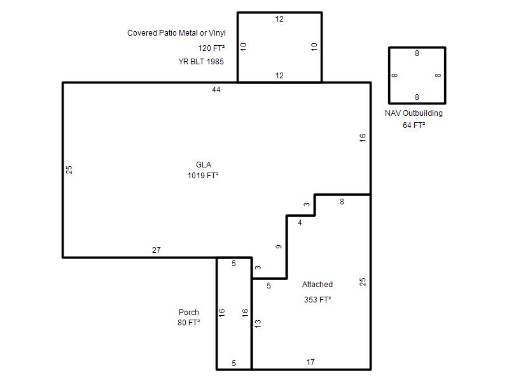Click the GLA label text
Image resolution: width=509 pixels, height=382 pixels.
[204, 165]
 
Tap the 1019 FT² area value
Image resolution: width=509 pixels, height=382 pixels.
[203, 176]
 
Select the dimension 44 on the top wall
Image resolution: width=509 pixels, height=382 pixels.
[216, 90]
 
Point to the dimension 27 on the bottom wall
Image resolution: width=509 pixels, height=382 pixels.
[156, 250]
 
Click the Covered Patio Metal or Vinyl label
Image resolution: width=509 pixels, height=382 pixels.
[176, 33]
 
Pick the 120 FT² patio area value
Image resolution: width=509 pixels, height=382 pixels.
[212, 48]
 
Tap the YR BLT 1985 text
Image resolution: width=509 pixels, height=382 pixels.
[201, 61]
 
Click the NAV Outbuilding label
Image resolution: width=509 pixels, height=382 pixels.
[414, 113]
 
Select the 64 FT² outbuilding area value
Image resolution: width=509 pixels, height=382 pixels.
[414, 125]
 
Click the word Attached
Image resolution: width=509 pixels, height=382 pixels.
[317, 285]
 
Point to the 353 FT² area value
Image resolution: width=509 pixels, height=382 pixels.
[317, 299]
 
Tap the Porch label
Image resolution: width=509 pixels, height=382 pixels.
[188, 313]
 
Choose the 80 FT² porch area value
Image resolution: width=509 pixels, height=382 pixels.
[188, 323]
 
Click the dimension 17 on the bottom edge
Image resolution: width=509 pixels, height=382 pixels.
[310, 362]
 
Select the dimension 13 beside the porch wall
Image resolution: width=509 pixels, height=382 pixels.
[258, 323]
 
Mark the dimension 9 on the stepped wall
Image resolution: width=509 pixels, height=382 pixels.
[279, 247]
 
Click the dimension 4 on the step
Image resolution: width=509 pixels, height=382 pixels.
[300, 223]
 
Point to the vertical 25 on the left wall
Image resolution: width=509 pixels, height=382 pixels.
[69, 170]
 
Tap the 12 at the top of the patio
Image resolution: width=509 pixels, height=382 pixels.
[279, 19]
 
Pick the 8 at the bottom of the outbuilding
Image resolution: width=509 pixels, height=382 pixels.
[417, 97]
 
